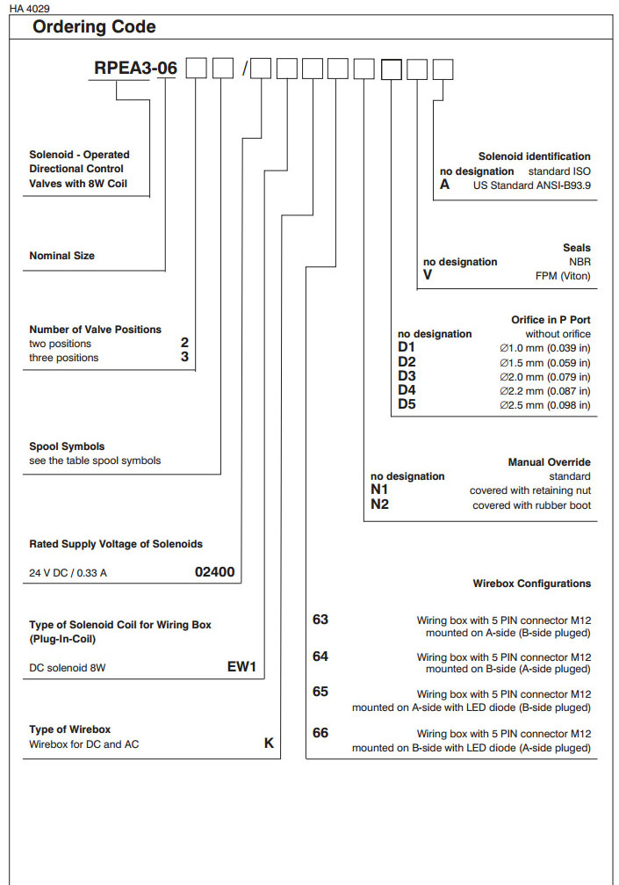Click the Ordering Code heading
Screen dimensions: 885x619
[94, 27]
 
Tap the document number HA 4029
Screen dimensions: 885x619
[31, 8]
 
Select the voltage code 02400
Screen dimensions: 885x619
[214, 572]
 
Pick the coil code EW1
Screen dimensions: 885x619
[241, 667]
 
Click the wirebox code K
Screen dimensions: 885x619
[270, 744]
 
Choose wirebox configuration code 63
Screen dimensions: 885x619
[320, 620]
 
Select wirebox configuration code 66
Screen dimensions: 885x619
[320, 732]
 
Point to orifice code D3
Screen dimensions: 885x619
[407, 376]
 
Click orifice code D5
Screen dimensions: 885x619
[407, 404]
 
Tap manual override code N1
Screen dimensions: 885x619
[379, 490]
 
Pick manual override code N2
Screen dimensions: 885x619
[379, 504]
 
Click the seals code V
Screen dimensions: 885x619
[428, 275]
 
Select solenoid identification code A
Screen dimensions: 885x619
[444, 185]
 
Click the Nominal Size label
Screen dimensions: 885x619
[61, 256]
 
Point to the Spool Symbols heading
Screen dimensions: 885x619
[67, 446]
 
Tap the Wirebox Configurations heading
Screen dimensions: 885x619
[531, 584]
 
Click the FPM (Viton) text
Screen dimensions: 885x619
[563, 276]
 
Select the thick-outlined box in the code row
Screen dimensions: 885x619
[392, 69]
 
